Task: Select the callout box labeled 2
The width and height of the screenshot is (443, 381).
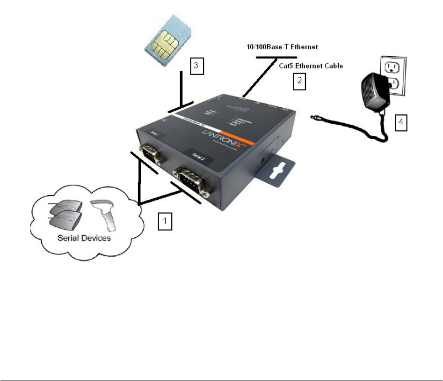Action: click(299, 82)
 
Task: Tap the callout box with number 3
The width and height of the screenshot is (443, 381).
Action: click(197, 66)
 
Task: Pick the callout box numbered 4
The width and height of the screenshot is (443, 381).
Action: click(401, 123)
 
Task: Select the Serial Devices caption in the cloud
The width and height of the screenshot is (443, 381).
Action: click(84, 238)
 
